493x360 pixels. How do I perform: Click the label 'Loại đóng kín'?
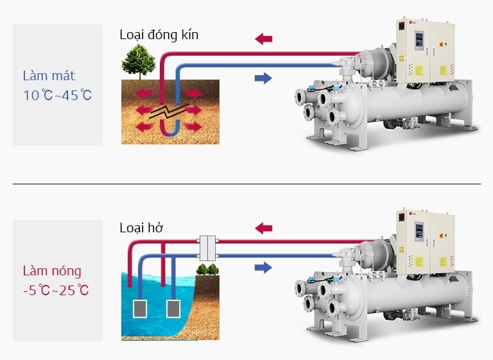159,35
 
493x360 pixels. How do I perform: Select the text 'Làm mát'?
49,76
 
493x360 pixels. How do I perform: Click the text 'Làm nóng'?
52,271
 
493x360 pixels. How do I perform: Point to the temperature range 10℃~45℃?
58,96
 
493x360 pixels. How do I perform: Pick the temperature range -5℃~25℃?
56,290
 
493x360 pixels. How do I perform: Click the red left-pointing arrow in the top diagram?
264,39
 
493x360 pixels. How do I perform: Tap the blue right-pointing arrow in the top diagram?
263,78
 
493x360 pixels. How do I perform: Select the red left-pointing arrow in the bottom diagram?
264,228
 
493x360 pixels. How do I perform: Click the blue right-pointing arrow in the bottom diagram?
263,268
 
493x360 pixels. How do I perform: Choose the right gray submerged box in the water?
173,309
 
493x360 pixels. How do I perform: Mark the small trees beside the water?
206,269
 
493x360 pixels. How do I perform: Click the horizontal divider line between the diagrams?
246,184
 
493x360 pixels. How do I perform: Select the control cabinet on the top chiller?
425,51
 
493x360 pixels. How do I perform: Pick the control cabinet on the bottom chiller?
425,239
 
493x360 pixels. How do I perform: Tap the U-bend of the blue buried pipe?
170,132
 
